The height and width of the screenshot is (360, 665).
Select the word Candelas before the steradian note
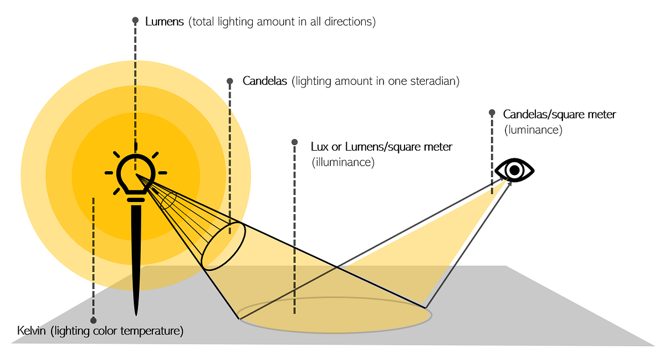pyautogui.click(x=265, y=81)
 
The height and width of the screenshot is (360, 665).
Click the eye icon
pyautogui.click(x=515, y=170)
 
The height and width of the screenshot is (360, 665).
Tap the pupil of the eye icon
pyautogui.click(x=515, y=170)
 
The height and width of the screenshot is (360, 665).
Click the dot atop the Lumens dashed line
pyautogui.click(x=135, y=20)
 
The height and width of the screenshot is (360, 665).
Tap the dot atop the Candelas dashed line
pyautogui.click(x=230, y=81)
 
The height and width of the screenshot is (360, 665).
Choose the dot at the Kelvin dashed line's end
pyautogui.click(x=93, y=320)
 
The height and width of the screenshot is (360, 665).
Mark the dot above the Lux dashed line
pyautogui.click(x=295, y=142)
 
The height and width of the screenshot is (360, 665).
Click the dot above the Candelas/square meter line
pyautogui.click(x=492, y=112)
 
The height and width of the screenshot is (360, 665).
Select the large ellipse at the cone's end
pyautogui.click(x=223, y=246)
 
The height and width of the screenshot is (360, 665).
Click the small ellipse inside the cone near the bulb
pyautogui.click(x=169, y=200)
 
